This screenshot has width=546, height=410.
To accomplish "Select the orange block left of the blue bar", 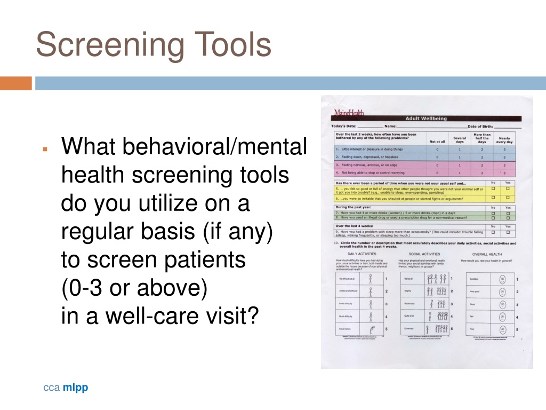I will point(16,83).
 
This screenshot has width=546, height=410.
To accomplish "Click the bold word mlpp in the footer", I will point(75,388).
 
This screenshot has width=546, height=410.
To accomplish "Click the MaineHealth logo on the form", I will point(349,112).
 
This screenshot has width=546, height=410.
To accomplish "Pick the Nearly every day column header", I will point(504,140).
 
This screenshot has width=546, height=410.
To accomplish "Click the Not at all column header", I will point(438,141).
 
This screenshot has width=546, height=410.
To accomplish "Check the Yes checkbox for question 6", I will point(508,198).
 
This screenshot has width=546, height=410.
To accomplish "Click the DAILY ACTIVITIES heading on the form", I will point(363,254).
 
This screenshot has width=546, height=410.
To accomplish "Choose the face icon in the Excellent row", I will point(502,279).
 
